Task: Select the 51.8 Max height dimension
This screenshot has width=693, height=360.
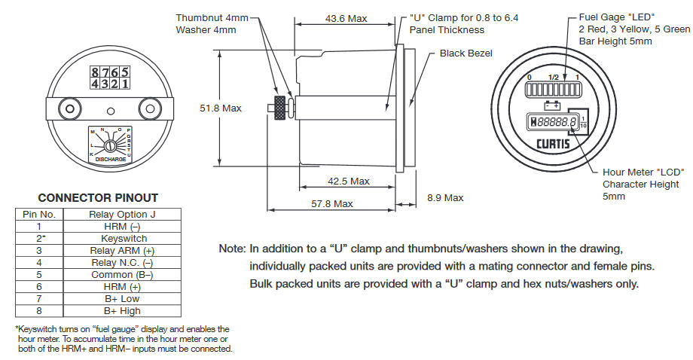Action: pos(220,108)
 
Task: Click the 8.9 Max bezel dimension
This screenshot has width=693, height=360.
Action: pos(445,197)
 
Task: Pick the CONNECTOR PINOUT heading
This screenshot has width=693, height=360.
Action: pos(98,198)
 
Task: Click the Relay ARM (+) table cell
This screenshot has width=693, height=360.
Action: pos(123,250)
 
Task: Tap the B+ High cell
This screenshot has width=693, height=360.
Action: pos(123,310)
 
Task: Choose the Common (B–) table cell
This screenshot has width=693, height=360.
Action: pos(123,274)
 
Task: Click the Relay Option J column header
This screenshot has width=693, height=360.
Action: pos(123,214)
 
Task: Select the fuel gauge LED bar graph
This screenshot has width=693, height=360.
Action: pos(554,90)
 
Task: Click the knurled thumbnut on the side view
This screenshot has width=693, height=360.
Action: pos(281,108)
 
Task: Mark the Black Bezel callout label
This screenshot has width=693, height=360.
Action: pos(465,54)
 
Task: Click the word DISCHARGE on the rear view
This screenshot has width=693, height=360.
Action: pos(110,160)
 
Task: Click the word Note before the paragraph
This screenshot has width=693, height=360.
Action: pos(230,249)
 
